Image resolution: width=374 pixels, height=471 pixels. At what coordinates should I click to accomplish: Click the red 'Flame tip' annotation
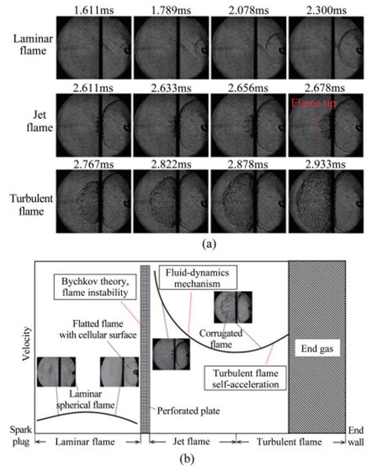[x=314, y=104]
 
